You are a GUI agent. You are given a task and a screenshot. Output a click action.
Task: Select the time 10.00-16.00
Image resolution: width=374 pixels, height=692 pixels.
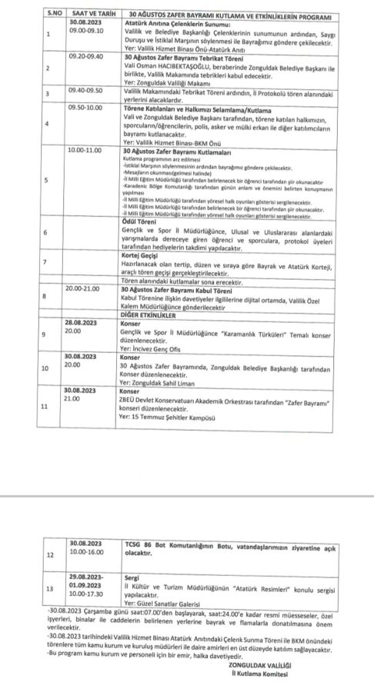pyautogui.click(x=85, y=551)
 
